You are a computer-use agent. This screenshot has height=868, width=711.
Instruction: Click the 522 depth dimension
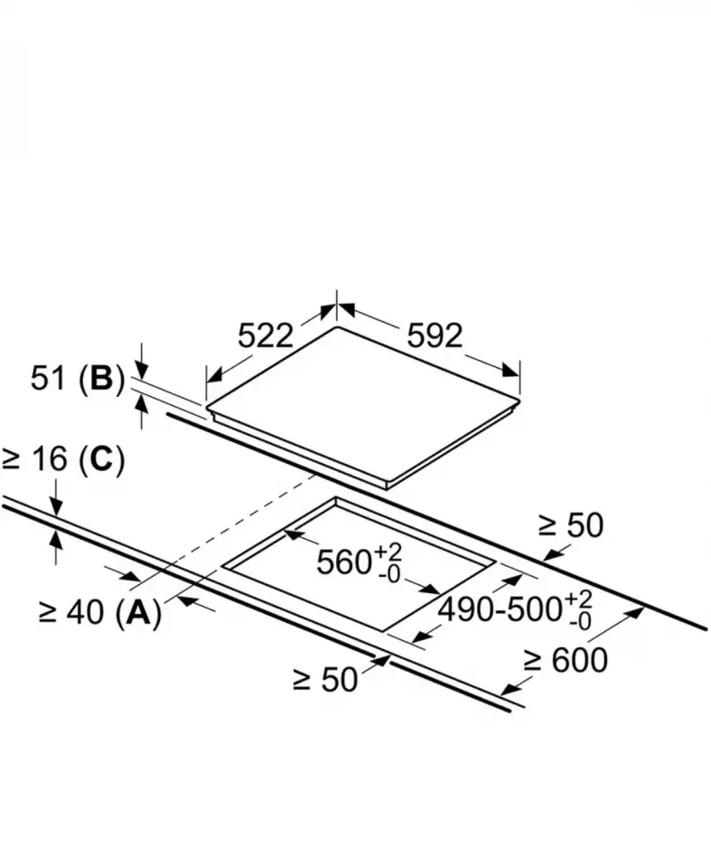click(x=265, y=335)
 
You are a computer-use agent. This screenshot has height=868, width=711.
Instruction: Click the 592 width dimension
click(x=435, y=335)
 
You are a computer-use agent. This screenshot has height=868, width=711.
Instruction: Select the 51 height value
click(x=48, y=379)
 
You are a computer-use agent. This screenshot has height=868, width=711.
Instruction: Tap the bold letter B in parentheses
click(x=101, y=379)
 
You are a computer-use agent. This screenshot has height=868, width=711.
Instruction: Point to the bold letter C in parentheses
click(x=101, y=459)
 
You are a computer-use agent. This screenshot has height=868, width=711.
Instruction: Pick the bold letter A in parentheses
click(x=138, y=612)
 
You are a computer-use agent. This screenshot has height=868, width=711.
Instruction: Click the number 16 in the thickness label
click(x=51, y=459)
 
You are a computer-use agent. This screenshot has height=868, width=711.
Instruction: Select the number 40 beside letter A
click(x=85, y=612)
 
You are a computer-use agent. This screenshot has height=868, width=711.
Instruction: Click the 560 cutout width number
click(x=344, y=562)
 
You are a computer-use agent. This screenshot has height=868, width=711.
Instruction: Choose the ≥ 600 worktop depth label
click(x=566, y=660)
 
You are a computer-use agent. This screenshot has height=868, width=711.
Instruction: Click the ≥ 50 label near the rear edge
click(x=571, y=525)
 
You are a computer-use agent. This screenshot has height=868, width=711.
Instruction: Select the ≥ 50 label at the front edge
click(x=326, y=679)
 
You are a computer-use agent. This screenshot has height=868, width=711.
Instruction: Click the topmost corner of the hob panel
click(x=337, y=327)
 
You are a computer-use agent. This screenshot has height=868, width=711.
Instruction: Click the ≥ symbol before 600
click(x=532, y=660)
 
